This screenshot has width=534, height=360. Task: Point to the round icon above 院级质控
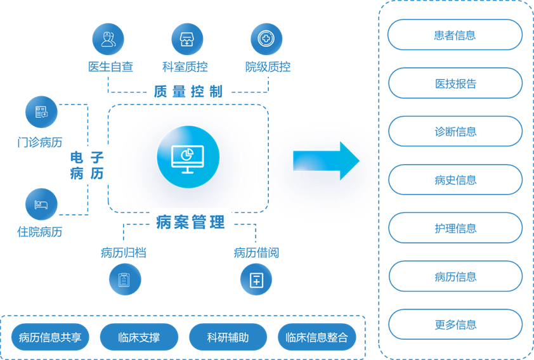pyautogui.click(x=266, y=39)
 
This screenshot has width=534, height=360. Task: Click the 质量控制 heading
pyautogui.click(x=188, y=91)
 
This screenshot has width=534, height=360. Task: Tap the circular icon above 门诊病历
pyautogui.click(x=41, y=112)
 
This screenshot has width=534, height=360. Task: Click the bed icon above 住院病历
pyautogui.click(x=41, y=204)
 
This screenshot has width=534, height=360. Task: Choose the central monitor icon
pyautogui.click(x=188, y=156)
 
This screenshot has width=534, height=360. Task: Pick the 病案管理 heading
pyautogui.click(x=190, y=222)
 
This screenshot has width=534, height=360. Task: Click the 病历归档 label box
pyautogui.click(x=124, y=253)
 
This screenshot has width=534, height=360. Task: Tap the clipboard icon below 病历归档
pyautogui.click(x=124, y=280)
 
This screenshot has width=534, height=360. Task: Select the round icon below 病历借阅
pyautogui.click(x=256, y=280)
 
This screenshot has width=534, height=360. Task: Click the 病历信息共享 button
pyautogui.click(x=50, y=337)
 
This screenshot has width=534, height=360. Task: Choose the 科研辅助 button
pyautogui.click(x=228, y=337)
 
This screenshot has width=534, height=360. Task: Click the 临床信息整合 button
pyautogui.click(x=316, y=337)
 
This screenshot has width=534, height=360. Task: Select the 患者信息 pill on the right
pyautogui.click(x=455, y=35)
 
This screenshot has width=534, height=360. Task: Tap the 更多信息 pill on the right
pyautogui.click(x=455, y=325)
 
